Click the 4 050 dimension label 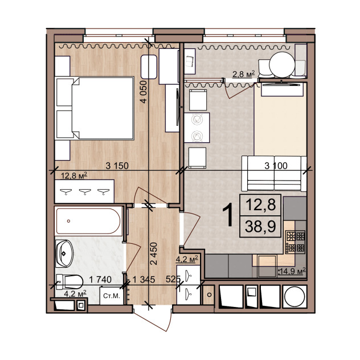click(144, 92)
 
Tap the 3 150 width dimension click(117, 166)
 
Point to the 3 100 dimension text click(276, 166)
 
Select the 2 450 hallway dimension click(154, 253)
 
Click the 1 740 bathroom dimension click(100, 280)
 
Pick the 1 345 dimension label click(144, 280)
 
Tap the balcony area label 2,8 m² click(244, 75)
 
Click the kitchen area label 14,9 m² click(292, 271)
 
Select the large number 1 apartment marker click(228, 215)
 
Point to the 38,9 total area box click(260, 226)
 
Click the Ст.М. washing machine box click(112, 296)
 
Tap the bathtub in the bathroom click(88, 221)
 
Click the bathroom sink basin click(64, 253)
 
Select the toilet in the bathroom click(69, 282)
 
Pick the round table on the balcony click(282, 64)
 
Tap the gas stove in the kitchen click(296, 242)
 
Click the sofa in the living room click(275, 174)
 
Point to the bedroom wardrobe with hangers click(84, 191)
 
